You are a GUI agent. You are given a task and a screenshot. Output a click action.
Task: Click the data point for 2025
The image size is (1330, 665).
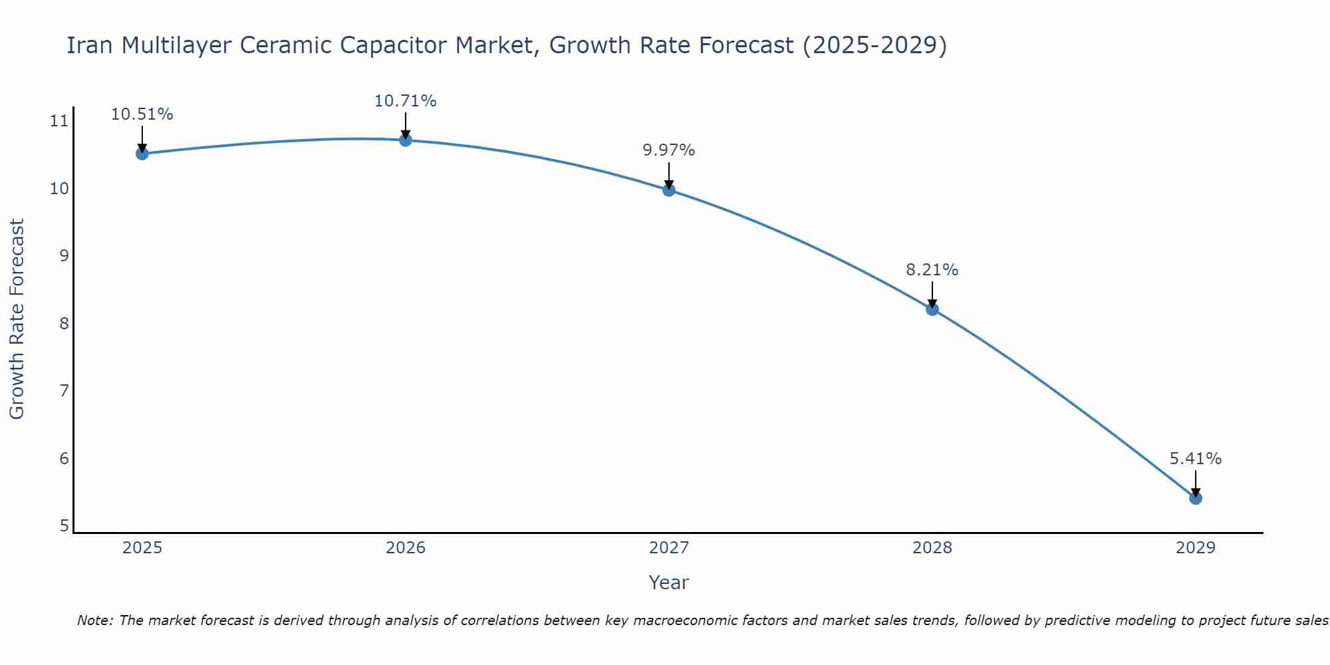pyautogui.click(x=142, y=154)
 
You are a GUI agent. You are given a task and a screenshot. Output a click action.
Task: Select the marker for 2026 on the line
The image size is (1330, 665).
pyautogui.click(x=406, y=140)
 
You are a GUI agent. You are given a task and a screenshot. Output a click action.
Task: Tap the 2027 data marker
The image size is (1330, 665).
pyautogui.click(x=669, y=190)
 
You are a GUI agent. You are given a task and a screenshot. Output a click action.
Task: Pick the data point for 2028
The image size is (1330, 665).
pyautogui.click(x=932, y=309)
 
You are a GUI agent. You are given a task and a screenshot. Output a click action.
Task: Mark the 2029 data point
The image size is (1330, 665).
pyautogui.click(x=1196, y=498)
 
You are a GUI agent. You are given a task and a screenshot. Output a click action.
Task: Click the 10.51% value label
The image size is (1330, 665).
pyautogui.click(x=142, y=114)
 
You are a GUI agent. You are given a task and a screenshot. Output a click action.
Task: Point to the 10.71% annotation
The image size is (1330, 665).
pyautogui.click(x=405, y=101)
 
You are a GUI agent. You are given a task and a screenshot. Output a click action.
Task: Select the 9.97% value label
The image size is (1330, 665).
pyautogui.click(x=668, y=150)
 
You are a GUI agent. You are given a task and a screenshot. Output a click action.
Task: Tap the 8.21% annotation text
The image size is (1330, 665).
pyautogui.click(x=932, y=270)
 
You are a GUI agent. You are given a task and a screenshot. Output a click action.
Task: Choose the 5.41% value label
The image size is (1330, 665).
pyautogui.click(x=1195, y=459)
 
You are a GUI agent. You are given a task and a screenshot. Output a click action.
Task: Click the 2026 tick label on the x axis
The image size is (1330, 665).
pyautogui.click(x=406, y=548)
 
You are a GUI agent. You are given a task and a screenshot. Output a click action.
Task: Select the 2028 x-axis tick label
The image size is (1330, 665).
pyautogui.click(x=932, y=548)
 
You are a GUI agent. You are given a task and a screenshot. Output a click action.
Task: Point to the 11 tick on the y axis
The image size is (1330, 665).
pyautogui.click(x=59, y=121)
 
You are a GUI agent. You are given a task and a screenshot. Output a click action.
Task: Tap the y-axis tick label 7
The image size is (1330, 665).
pyautogui.click(x=64, y=391)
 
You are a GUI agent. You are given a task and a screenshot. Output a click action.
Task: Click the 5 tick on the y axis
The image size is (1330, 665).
pyautogui.click(x=64, y=526)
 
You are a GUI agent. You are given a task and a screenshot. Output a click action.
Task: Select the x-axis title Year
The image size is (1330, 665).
pyautogui.click(x=668, y=583)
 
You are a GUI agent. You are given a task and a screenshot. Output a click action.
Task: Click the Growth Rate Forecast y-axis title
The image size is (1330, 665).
pyautogui.click(x=17, y=319)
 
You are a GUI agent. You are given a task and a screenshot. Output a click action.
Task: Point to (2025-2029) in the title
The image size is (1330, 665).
pyautogui.click(x=874, y=45)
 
